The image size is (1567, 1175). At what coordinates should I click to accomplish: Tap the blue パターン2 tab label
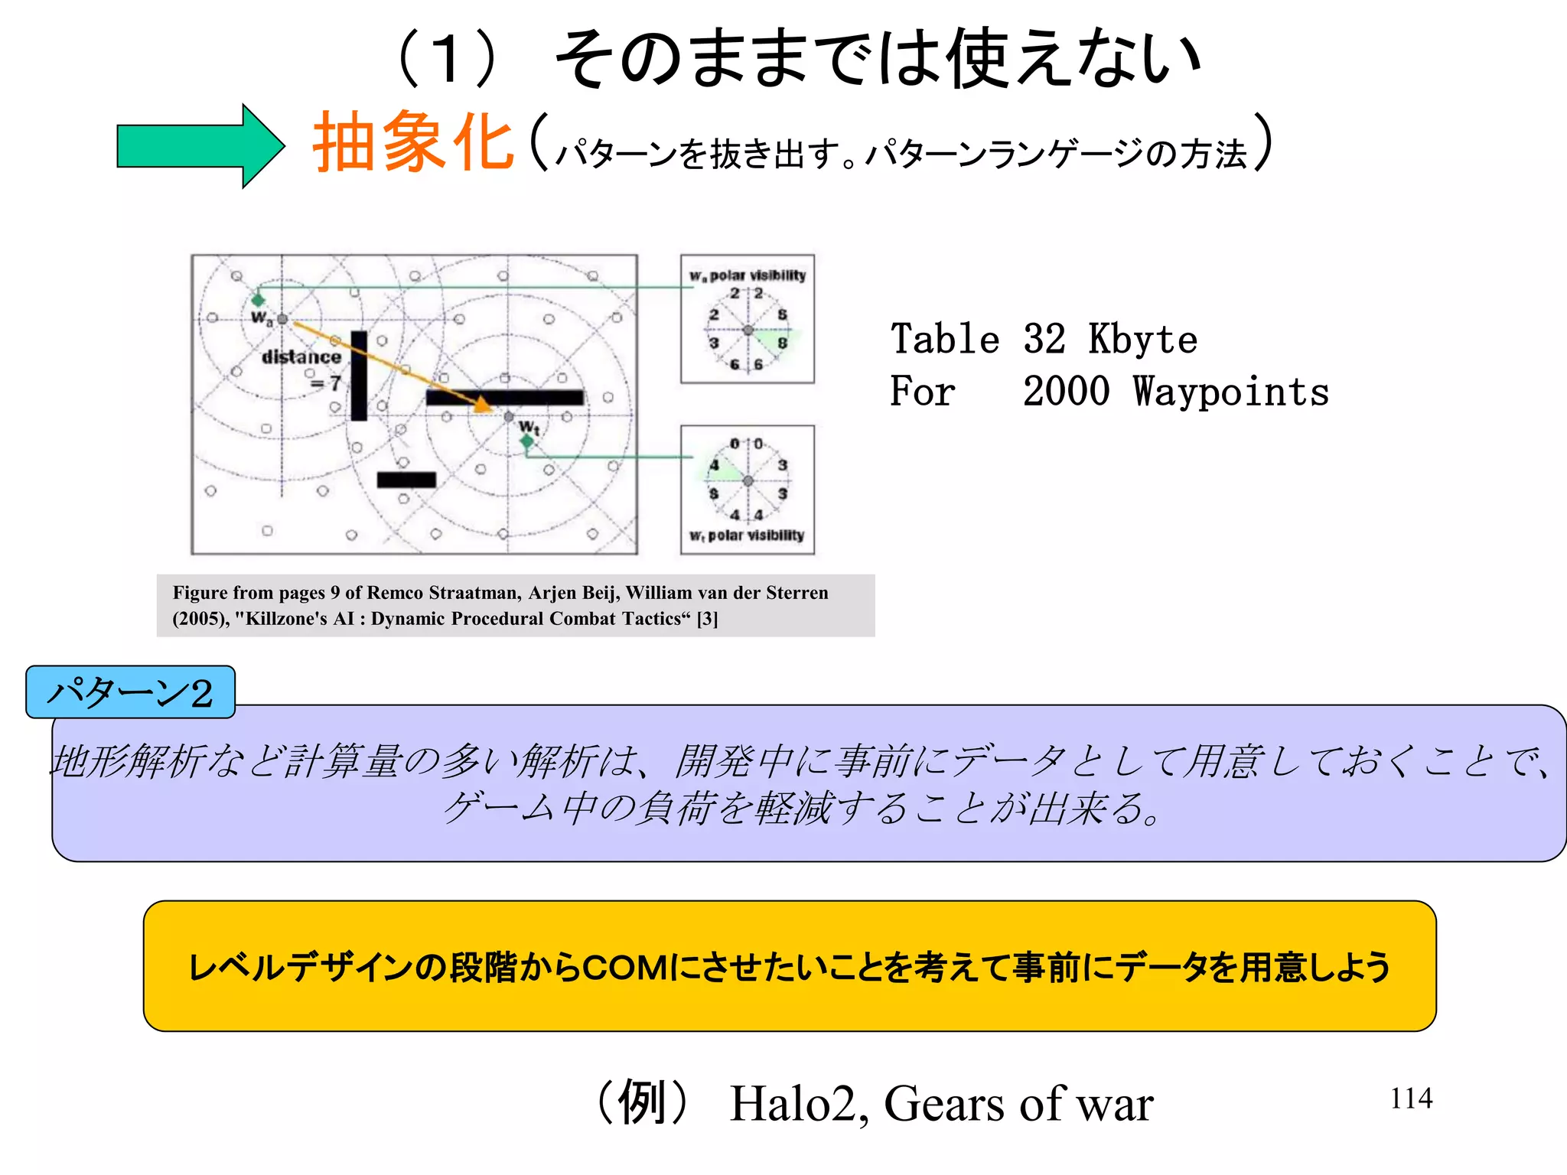click(x=130, y=692)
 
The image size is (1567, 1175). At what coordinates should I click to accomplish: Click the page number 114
click(x=1411, y=1099)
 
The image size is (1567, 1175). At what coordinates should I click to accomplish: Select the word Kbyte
click(x=1142, y=340)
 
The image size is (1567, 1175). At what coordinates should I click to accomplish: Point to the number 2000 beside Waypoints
click(x=1066, y=392)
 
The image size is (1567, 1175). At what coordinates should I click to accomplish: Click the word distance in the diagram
click(x=301, y=357)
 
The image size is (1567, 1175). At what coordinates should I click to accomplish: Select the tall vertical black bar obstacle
click(x=359, y=376)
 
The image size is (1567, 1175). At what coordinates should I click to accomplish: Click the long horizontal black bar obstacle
click(x=505, y=398)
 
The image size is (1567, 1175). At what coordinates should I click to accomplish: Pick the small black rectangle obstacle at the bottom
click(x=406, y=480)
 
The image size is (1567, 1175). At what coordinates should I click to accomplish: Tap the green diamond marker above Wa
click(x=259, y=300)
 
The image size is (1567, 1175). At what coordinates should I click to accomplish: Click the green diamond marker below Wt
click(x=526, y=441)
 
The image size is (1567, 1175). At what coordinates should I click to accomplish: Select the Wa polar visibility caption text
click(x=748, y=275)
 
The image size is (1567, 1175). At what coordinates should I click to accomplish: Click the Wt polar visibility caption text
click(x=748, y=535)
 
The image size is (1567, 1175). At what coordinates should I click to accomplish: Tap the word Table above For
click(x=945, y=340)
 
